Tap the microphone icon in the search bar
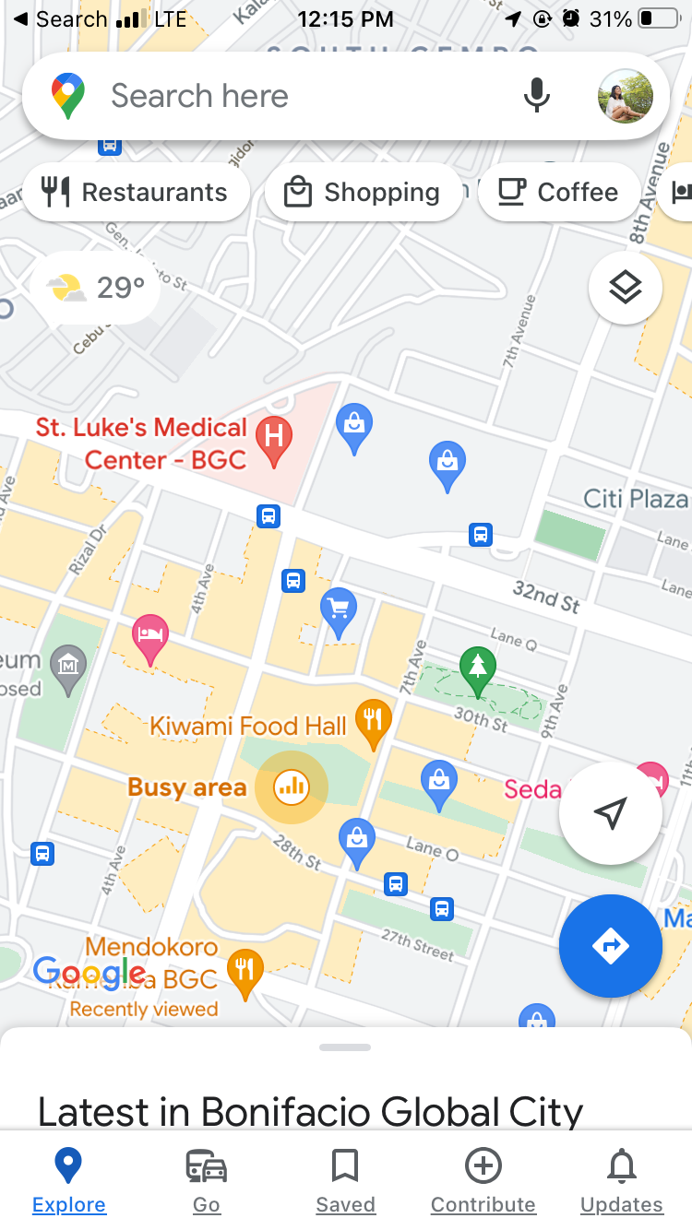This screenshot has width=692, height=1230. (536, 96)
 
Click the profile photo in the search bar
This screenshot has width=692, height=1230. (625, 96)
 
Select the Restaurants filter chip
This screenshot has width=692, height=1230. (137, 192)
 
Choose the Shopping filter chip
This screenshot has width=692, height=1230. (364, 192)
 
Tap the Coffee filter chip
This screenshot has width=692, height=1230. (558, 192)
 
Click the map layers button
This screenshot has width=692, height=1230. (625, 288)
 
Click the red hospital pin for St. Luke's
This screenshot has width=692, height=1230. (274, 435)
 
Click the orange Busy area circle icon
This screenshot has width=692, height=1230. (292, 786)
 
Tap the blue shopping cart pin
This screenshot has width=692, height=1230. (339, 609)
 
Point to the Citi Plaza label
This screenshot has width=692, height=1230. (636, 499)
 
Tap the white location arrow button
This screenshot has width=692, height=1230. (610, 812)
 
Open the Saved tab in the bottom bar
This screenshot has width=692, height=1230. (345, 1179)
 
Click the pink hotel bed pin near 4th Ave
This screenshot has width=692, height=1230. (150, 634)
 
